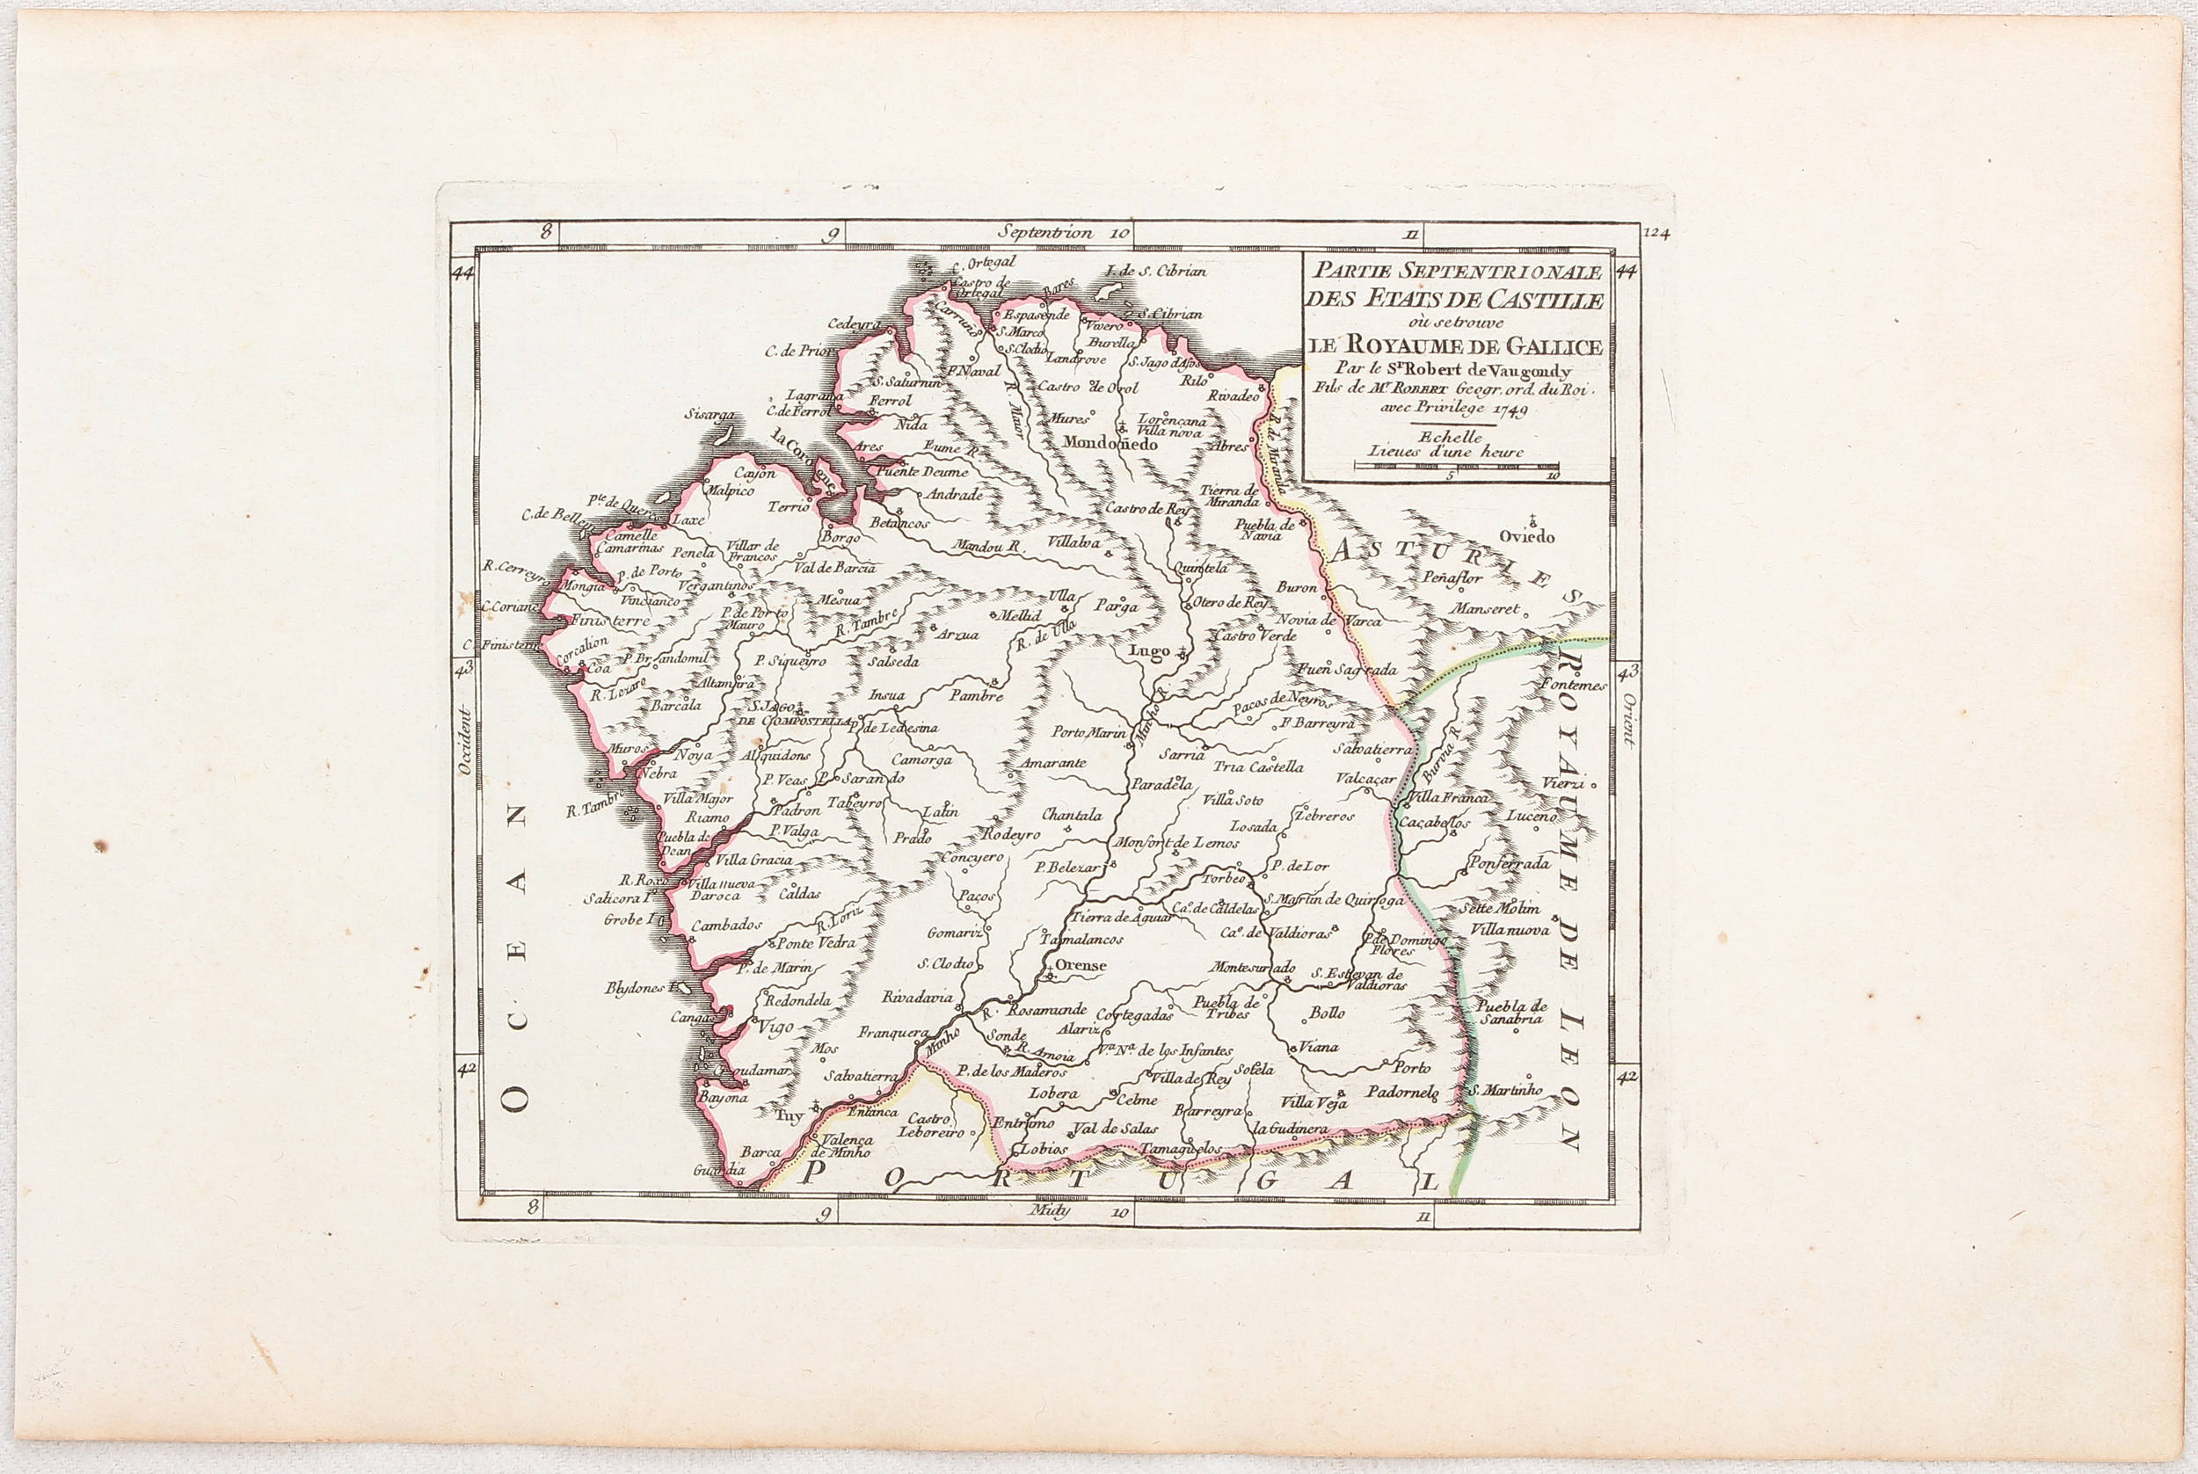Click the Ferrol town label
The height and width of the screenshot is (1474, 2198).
(885, 400)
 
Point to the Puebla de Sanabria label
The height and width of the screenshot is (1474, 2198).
(1510, 1011)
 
